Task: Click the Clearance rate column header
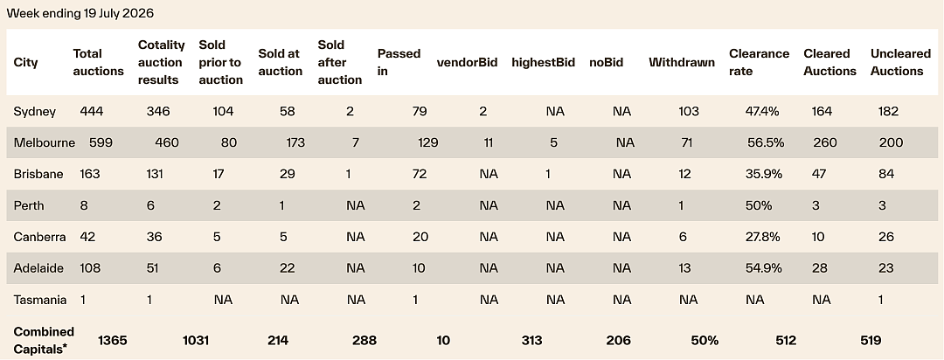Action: [760, 62]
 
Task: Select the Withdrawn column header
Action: [682, 62]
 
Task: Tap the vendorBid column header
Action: [467, 62]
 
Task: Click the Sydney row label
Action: [35, 111]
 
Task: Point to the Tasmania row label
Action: [39, 300]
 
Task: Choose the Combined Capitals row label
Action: [44, 340]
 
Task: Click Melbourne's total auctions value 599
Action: [101, 142]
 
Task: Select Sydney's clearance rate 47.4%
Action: [762, 111]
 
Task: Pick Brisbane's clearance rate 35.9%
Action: [763, 174]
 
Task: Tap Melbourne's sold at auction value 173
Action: [295, 142]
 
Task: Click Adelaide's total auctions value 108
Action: [90, 268]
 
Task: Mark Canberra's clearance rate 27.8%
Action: [762, 237]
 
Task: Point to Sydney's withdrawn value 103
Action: [689, 111]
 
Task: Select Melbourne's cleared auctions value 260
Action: [825, 142]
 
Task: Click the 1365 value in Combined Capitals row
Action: [113, 341]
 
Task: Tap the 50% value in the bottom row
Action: [705, 341]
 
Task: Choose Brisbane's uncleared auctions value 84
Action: [886, 174]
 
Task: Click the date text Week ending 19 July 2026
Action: [80, 13]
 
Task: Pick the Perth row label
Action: [29, 205]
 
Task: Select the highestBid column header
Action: [543, 62]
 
